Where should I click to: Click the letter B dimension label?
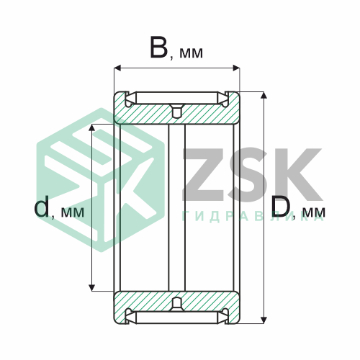pos(158,47)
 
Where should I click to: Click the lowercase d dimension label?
pos(42,206)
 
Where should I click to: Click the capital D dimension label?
pos(281,207)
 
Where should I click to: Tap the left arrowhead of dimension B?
pos(117,68)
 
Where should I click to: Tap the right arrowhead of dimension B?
pos(236,68)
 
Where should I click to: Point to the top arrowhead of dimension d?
pos(92,127)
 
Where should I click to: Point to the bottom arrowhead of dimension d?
pos(92,287)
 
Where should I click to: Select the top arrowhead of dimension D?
pos(264,95)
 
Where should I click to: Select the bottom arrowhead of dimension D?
pos(264,320)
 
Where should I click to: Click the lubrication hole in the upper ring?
pos(177,111)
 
